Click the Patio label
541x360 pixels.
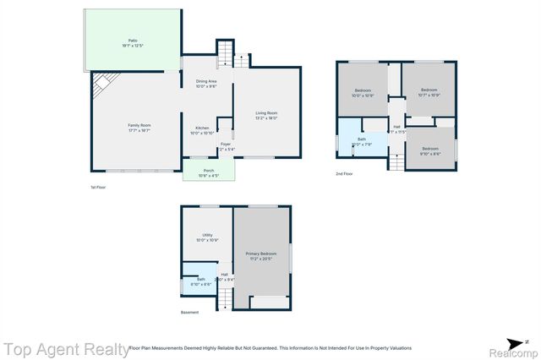tap(132, 40)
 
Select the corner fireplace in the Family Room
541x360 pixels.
tap(101, 82)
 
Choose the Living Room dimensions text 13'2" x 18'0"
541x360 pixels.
tap(266, 117)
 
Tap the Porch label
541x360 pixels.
tap(208, 171)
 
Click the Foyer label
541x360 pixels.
tap(226, 145)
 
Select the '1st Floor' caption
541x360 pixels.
tap(98, 187)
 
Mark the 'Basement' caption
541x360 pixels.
tap(190, 313)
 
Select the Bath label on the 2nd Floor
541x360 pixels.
tap(362, 139)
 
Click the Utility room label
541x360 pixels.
tap(207, 236)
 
